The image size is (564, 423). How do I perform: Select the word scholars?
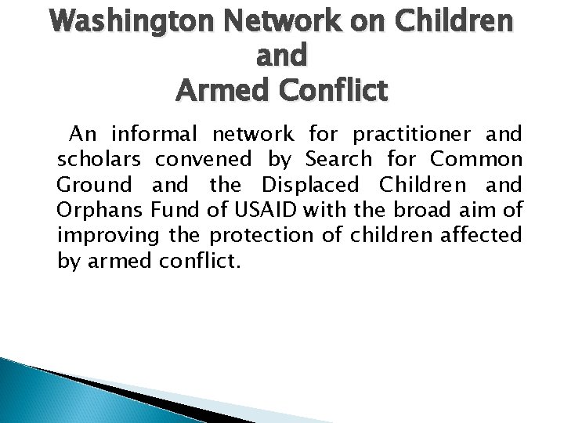click(x=99, y=161)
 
